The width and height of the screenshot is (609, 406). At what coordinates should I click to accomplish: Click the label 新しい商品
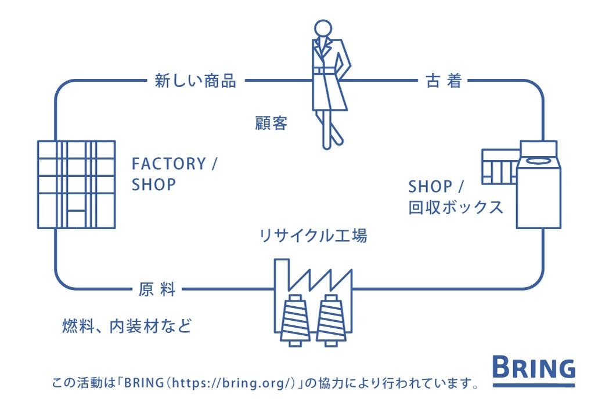click(195, 81)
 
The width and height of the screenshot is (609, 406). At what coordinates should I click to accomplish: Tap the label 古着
click(444, 81)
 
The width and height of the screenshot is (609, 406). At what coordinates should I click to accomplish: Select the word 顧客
click(271, 124)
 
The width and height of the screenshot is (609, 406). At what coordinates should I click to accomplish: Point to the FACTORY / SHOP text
click(174, 174)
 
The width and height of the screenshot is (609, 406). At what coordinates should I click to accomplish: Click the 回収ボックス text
click(456, 208)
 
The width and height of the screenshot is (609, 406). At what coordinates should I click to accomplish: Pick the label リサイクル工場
click(313, 236)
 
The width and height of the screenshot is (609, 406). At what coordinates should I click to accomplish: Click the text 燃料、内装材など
click(127, 326)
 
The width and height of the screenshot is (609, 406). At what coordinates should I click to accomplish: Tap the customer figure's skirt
click(329, 93)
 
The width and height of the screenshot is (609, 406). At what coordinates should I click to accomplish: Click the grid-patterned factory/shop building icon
click(76, 184)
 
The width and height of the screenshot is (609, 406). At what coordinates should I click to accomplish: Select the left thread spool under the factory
click(296, 320)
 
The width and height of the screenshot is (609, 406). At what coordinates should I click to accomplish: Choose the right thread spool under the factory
click(331, 320)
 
